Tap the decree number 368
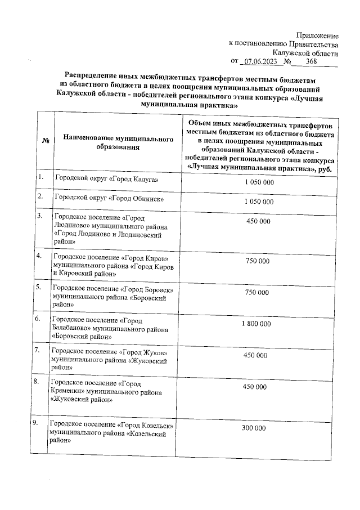pyautogui.click(x=310, y=61)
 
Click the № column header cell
pyautogui.click(x=45, y=141)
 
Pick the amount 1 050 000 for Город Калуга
pyautogui.click(x=259, y=184)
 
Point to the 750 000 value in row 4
pyautogui.click(x=258, y=261)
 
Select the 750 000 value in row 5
pyautogui.click(x=258, y=293)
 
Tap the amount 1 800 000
pyautogui.click(x=256, y=324)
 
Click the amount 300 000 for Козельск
pyautogui.click(x=254, y=428)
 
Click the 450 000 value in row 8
pyautogui.click(x=255, y=387)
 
